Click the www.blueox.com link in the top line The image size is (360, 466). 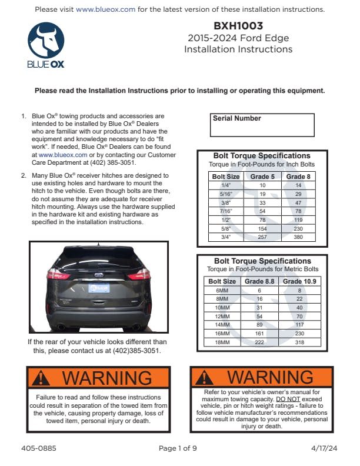[106, 9]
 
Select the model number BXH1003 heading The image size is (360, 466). [239, 26]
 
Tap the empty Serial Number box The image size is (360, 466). [262, 129]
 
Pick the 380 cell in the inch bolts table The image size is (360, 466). [299, 238]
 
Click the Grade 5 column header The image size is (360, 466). [263, 176]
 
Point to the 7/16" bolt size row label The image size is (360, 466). [226, 211]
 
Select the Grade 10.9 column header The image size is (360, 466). [299, 281]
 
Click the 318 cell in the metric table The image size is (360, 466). [299, 342]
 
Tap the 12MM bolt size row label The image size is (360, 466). [222, 317]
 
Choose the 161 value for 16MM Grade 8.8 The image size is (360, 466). [259, 334]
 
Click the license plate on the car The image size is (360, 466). [99, 288]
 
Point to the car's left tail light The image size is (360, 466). [58, 274]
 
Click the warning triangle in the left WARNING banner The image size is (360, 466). [41, 377]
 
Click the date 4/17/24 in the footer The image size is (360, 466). [325, 448]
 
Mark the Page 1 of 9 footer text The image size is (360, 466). [178, 448]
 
